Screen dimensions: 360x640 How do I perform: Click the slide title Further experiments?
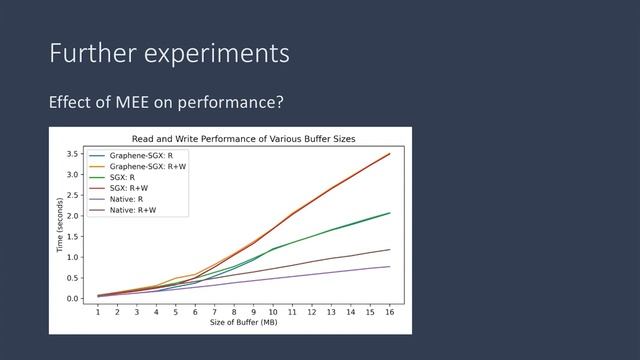tap(169, 53)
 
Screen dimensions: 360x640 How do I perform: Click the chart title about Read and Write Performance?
tap(244, 137)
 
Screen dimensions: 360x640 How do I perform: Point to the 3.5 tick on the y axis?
tap(73, 154)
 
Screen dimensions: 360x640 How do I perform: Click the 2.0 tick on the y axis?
tap(73, 216)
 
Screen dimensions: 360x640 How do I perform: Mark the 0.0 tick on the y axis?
tap(73, 298)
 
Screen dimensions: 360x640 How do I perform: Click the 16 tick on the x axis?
tap(389, 311)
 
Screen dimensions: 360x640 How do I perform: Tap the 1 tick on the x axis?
tap(98, 311)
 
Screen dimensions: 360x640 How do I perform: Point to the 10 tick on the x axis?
tap(272, 311)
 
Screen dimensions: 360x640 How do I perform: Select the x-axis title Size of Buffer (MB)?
tap(244, 322)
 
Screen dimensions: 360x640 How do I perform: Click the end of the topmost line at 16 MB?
tap(389, 153)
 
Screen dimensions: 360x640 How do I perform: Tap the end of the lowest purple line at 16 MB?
tap(389, 266)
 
